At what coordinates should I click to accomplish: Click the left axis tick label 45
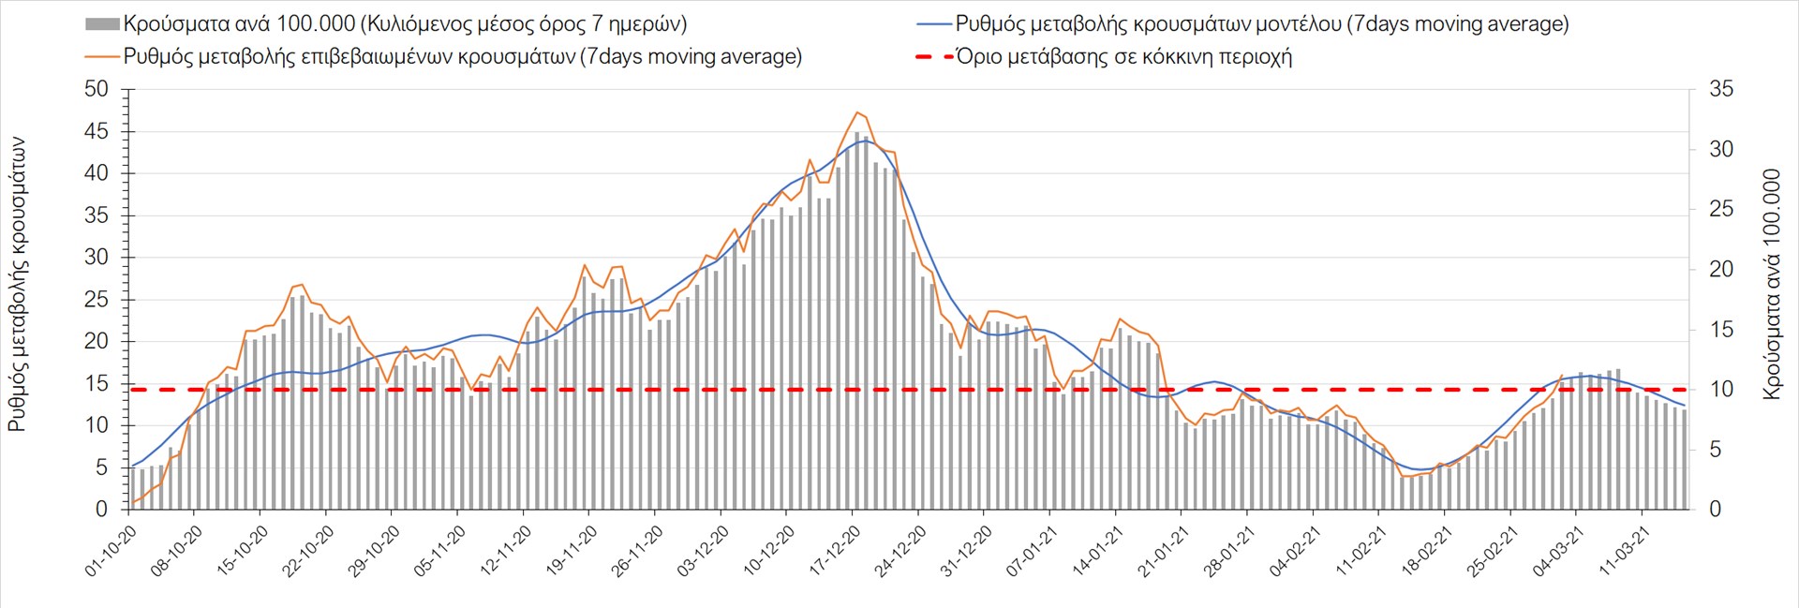pyautogui.click(x=97, y=131)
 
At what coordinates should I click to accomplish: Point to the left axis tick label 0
pyautogui.click(x=102, y=510)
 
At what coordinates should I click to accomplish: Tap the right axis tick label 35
pyautogui.click(x=1721, y=89)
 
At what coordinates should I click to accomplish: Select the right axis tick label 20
pyautogui.click(x=1721, y=269)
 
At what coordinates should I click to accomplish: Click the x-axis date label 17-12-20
pyautogui.click(x=835, y=551)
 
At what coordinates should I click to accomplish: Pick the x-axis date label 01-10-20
pyautogui.click(x=112, y=551)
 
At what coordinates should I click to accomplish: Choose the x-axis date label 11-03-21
pyautogui.click(x=1625, y=551)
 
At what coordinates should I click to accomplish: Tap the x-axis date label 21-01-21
pyautogui.click(x=1164, y=551)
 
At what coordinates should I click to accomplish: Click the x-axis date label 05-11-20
pyautogui.click(x=440, y=551)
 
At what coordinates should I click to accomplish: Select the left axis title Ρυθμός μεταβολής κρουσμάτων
pyautogui.click(x=17, y=285)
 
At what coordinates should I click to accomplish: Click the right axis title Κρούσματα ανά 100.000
pyautogui.click(x=1771, y=285)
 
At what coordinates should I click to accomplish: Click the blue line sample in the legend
pyautogui.click(x=933, y=24)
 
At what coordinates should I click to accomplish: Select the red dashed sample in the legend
pyautogui.click(x=933, y=57)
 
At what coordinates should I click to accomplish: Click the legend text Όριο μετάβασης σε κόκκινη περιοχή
pyautogui.click(x=1123, y=57)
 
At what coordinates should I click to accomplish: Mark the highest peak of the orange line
pyautogui.click(x=857, y=112)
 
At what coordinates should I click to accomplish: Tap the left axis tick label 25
pyautogui.click(x=97, y=300)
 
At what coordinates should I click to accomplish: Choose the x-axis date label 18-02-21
pyautogui.click(x=1427, y=551)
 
